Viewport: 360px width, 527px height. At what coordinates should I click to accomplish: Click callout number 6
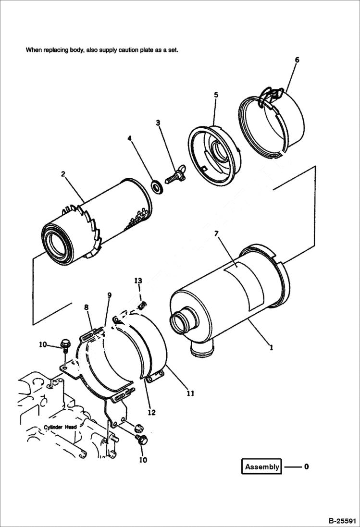(297, 60)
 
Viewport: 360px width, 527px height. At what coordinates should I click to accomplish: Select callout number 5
(216, 95)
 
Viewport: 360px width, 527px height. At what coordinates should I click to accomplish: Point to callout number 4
(129, 138)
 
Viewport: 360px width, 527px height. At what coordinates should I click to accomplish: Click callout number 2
(63, 174)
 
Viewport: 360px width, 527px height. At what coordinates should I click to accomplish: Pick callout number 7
(216, 233)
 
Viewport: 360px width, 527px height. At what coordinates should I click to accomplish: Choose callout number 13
(138, 280)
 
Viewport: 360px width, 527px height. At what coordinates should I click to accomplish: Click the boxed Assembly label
(262, 466)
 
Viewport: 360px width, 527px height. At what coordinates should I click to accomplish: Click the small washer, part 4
(157, 185)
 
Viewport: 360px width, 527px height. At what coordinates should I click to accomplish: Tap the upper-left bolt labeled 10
(65, 344)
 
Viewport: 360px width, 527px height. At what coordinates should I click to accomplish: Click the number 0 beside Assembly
(306, 466)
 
